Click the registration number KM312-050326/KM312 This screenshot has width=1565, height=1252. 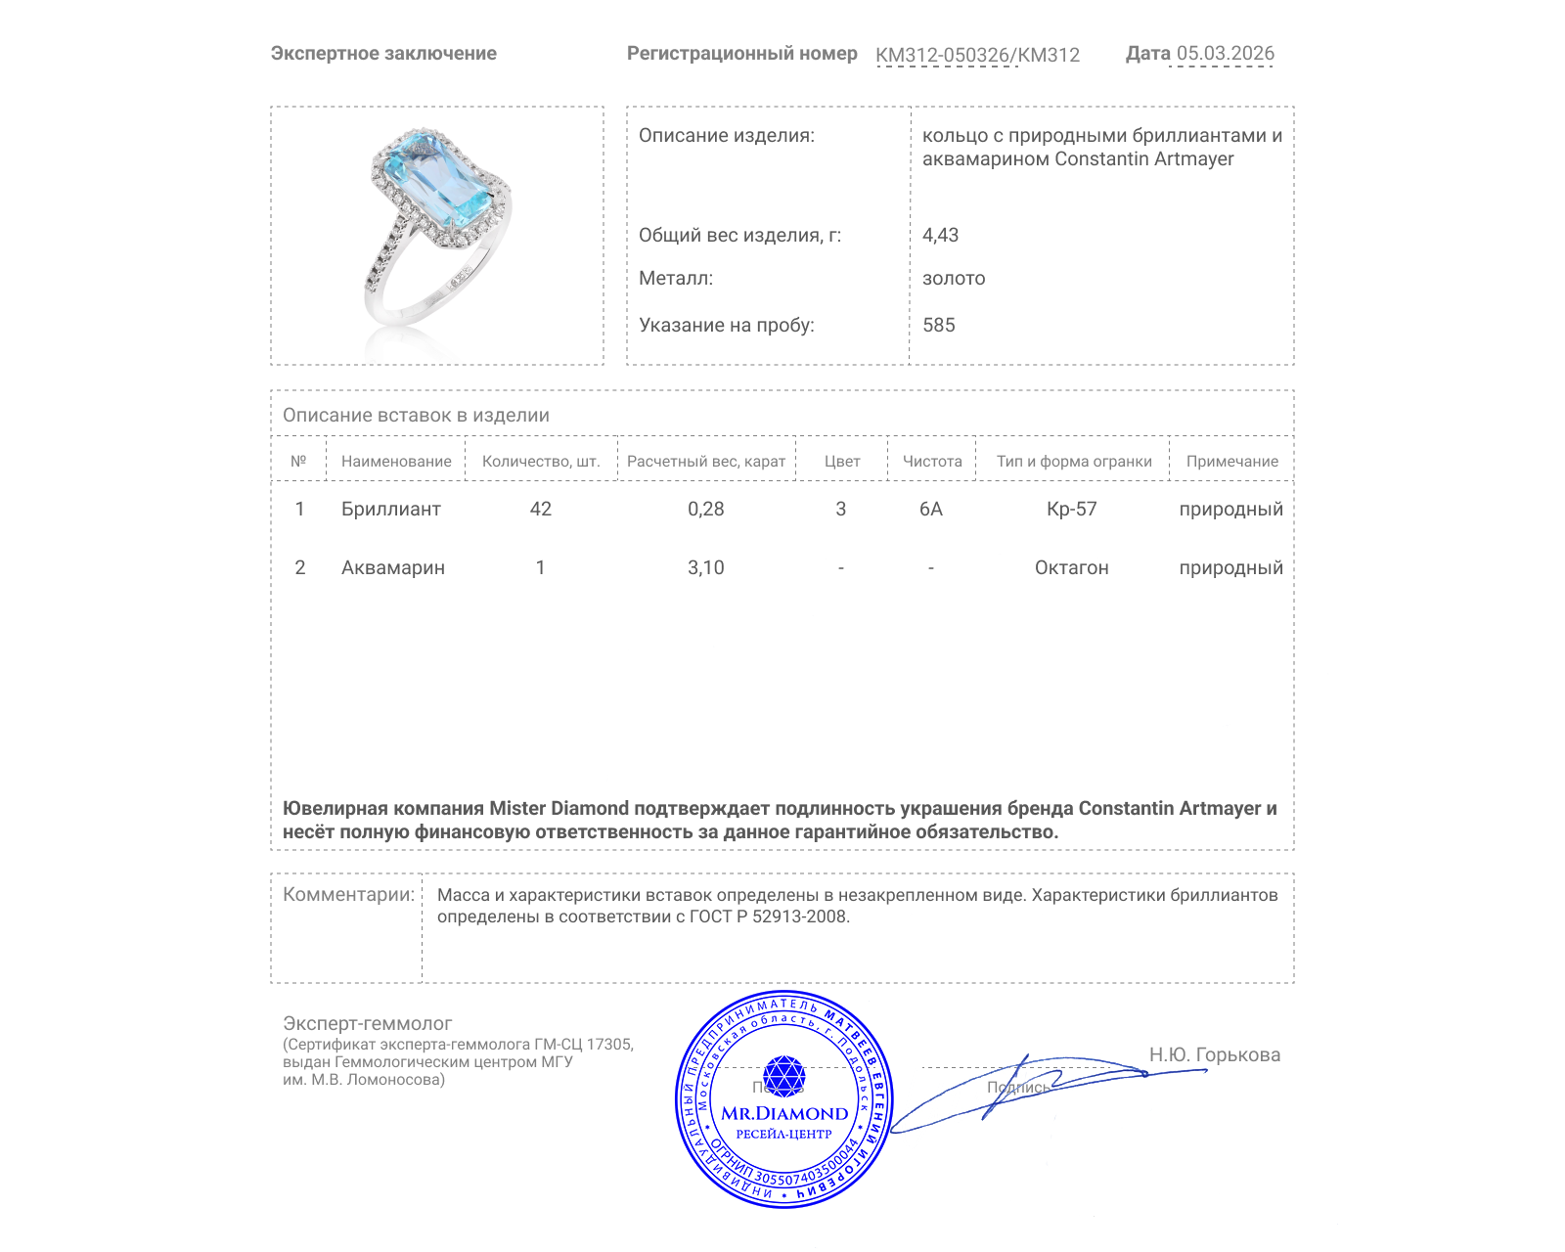[977, 55]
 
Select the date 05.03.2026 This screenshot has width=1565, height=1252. [1225, 53]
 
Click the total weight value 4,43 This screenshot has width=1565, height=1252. [940, 235]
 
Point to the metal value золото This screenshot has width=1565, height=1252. [954, 278]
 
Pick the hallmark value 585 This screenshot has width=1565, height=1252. [938, 325]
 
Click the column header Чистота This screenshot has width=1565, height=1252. [931, 461]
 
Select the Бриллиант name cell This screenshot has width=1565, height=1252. [390, 509]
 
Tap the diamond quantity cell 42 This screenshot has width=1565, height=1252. [540, 509]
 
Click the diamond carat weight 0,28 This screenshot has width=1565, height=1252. [705, 509]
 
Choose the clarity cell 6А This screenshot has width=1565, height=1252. [930, 509]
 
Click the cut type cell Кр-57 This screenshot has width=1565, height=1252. [1071, 509]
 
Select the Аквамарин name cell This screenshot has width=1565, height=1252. [392, 567]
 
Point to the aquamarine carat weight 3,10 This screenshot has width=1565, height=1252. [705, 567]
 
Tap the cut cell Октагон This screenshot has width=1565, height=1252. [1071, 567]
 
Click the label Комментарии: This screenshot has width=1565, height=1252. [348, 894]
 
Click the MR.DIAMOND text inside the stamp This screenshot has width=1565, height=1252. [784, 1113]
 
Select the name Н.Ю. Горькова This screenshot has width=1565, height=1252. [1214, 1054]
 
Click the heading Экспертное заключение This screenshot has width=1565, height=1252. [383, 53]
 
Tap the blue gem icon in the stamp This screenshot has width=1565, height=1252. [783, 1076]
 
